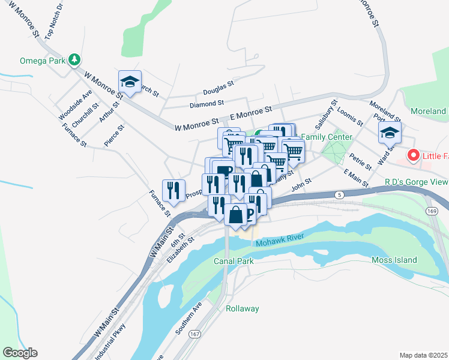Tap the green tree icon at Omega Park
(74, 59)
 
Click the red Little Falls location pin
(413, 157)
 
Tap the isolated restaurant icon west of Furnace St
(173, 191)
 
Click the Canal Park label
(234, 261)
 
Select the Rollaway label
(242, 308)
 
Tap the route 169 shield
(432, 212)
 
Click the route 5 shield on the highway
(339, 195)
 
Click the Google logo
(19, 353)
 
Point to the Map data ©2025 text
(424, 355)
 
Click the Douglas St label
(218, 89)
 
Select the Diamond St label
(206, 104)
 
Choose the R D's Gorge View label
(416, 182)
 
